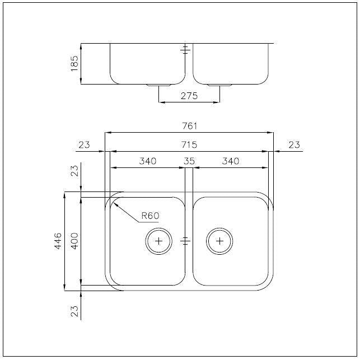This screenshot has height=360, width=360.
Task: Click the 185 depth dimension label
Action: click(x=74, y=63)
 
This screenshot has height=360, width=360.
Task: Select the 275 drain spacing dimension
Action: click(x=189, y=96)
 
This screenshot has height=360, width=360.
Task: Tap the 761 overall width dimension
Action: click(x=189, y=126)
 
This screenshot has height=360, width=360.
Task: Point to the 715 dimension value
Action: click(x=189, y=144)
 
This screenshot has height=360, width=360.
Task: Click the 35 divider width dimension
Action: click(x=189, y=161)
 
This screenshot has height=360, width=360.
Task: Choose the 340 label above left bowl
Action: click(x=148, y=161)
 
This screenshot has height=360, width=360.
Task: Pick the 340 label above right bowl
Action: click(x=231, y=161)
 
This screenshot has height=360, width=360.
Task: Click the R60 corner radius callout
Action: click(x=150, y=216)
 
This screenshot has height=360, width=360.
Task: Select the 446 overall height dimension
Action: click(x=58, y=241)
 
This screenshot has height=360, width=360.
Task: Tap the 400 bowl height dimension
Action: click(x=74, y=241)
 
